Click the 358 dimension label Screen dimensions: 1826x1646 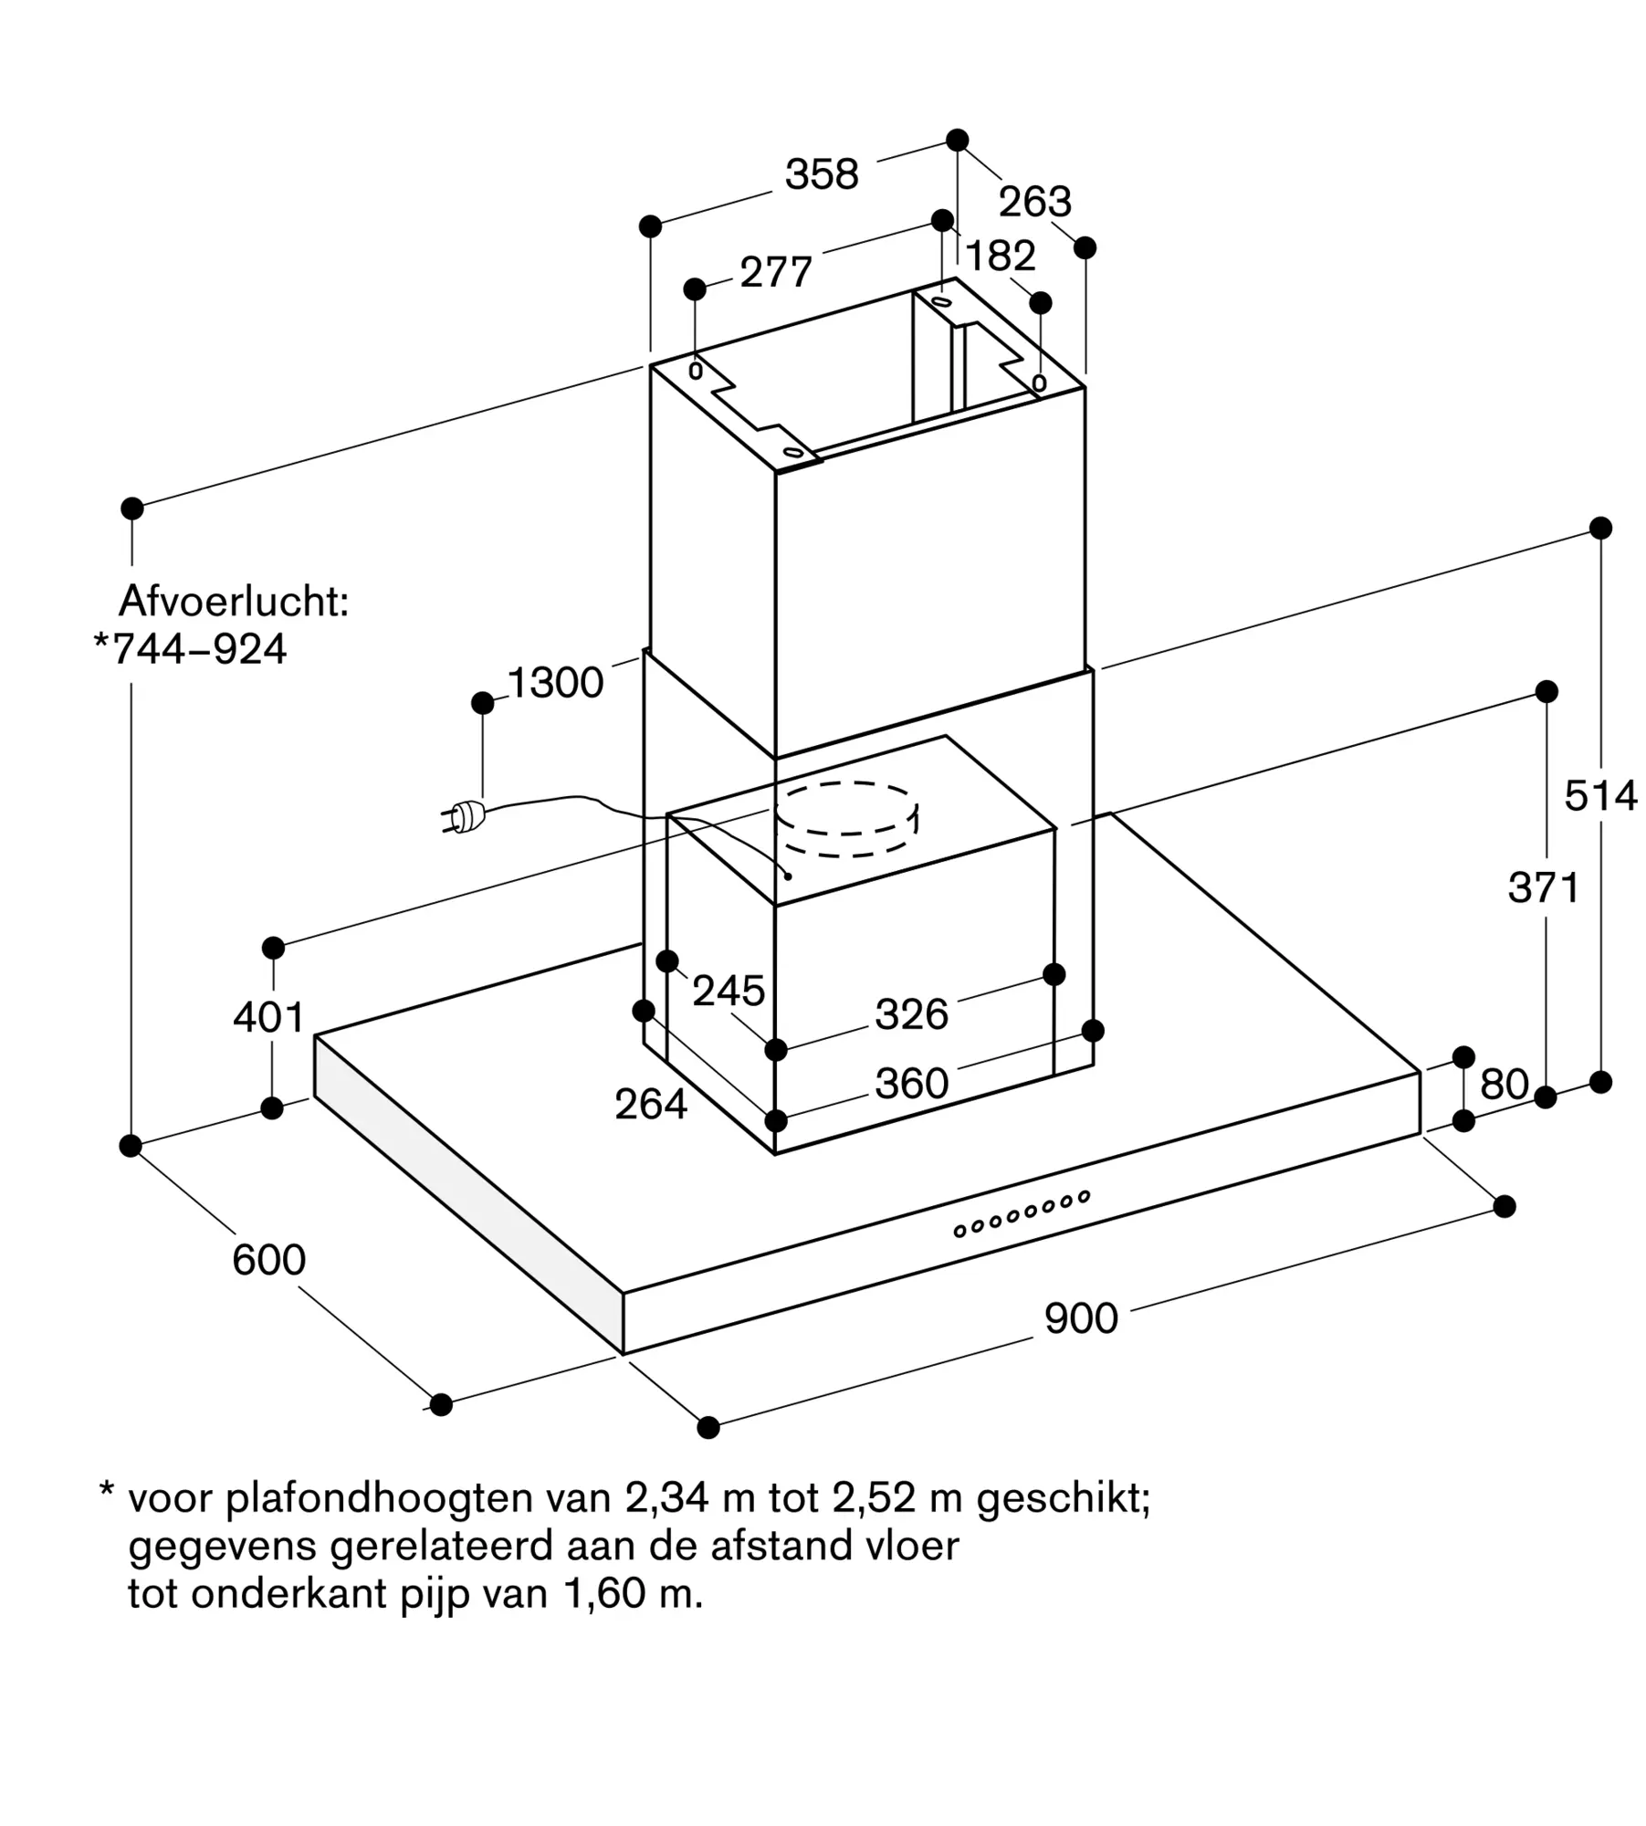(x=822, y=174)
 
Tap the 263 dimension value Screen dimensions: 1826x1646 (x=1034, y=202)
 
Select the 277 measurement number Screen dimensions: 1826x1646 (x=776, y=272)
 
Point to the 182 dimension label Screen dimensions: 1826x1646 (x=1001, y=257)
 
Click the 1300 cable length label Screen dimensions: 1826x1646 (x=555, y=683)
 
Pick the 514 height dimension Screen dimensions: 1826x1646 (x=1600, y=796)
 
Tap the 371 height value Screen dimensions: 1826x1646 (x=1544, y=887)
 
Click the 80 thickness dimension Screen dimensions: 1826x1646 (x=1504, y=1085)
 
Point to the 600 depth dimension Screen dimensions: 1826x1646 (x=268, y=1260)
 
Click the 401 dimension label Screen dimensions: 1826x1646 (x=268, y=1017)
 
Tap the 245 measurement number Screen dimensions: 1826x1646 (x=728, y=991)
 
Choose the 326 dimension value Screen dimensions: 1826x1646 (x=911, y=1014)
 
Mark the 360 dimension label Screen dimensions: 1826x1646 (x=911, y=1084)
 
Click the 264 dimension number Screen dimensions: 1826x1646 (x=650, y=1105)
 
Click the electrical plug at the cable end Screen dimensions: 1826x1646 (x=463, y=816)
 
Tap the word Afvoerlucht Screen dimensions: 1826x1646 (x=234, y=603)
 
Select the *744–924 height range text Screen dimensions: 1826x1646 (x=191, y=649)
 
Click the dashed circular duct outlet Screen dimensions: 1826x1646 (x=846, y=819)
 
